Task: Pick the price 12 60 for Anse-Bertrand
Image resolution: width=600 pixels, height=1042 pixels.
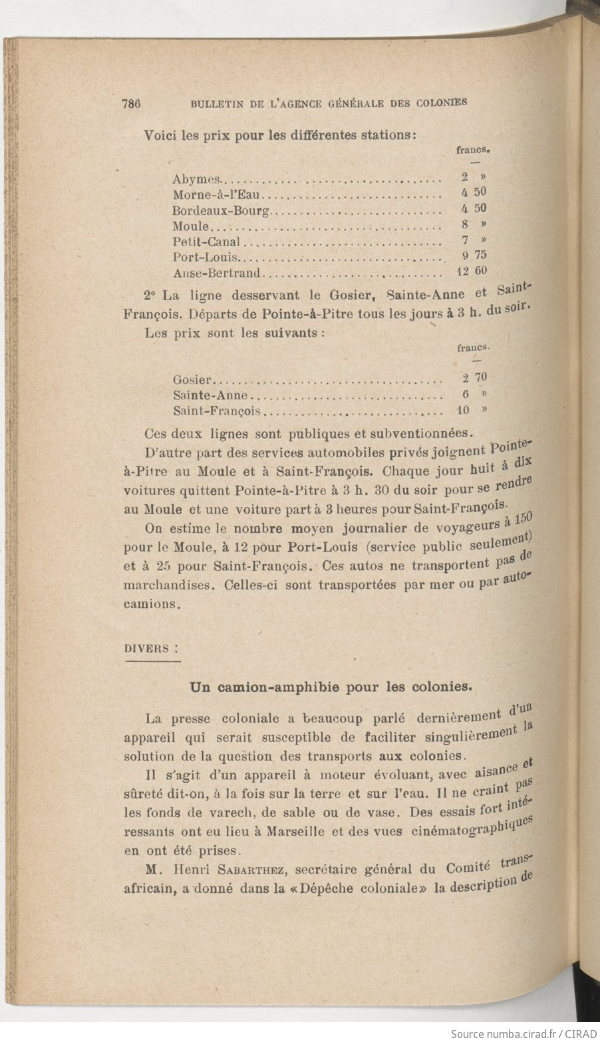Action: (472, 271)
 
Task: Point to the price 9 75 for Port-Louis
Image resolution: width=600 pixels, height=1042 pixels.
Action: (474, 255)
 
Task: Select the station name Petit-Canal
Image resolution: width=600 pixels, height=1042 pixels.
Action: (206, 242)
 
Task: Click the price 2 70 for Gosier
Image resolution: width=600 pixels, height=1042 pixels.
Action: (475, 378)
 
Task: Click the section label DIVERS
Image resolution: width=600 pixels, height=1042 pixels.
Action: (147, 648)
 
